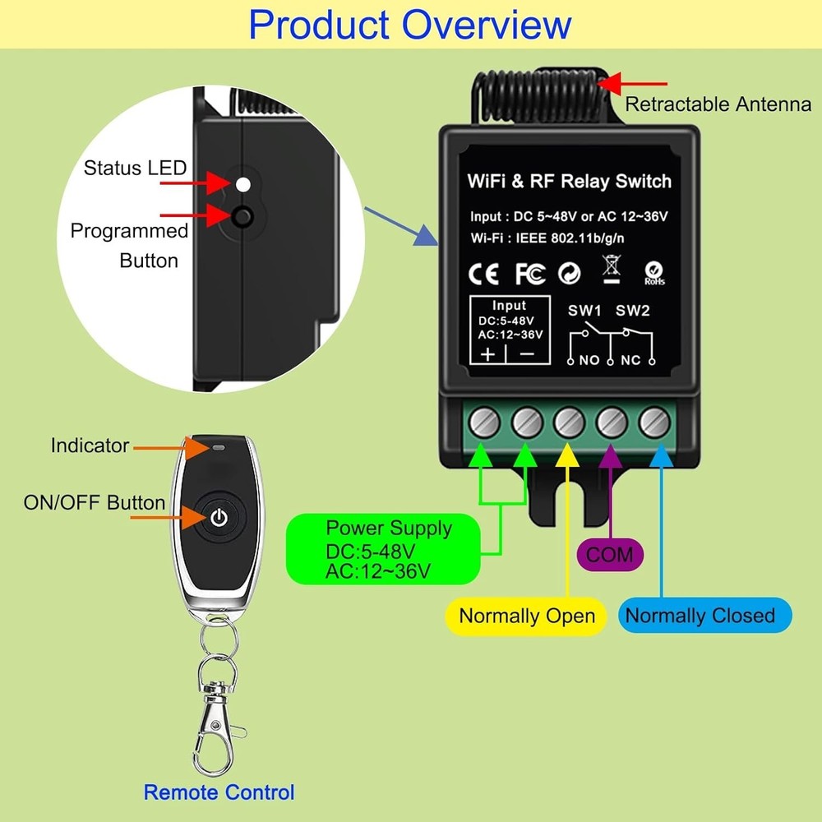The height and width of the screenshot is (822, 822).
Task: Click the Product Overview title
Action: click(410, 25)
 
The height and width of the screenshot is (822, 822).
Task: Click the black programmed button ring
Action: click(242, 217)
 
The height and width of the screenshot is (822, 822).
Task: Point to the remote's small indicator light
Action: click(219, 448)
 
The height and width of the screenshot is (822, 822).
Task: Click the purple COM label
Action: click(611, 554)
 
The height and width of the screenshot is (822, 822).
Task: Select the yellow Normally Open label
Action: click(527, 616)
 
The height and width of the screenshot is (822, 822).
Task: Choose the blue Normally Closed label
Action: click(700, 616)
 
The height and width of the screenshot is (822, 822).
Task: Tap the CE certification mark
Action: click(483, 273)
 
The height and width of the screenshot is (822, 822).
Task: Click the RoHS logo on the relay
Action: click(654, 274)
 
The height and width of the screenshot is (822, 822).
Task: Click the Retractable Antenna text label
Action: click(718, 104)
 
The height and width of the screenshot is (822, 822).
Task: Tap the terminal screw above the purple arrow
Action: click(612, 423)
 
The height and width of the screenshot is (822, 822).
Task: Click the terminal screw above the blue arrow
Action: click(654, 423)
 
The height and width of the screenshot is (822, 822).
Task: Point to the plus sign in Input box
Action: click(487, 355)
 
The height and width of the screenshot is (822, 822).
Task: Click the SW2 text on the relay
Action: click(633, 311)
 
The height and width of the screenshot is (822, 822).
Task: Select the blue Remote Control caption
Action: click(219, 792)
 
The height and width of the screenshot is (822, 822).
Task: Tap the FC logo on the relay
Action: click(530, 273)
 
